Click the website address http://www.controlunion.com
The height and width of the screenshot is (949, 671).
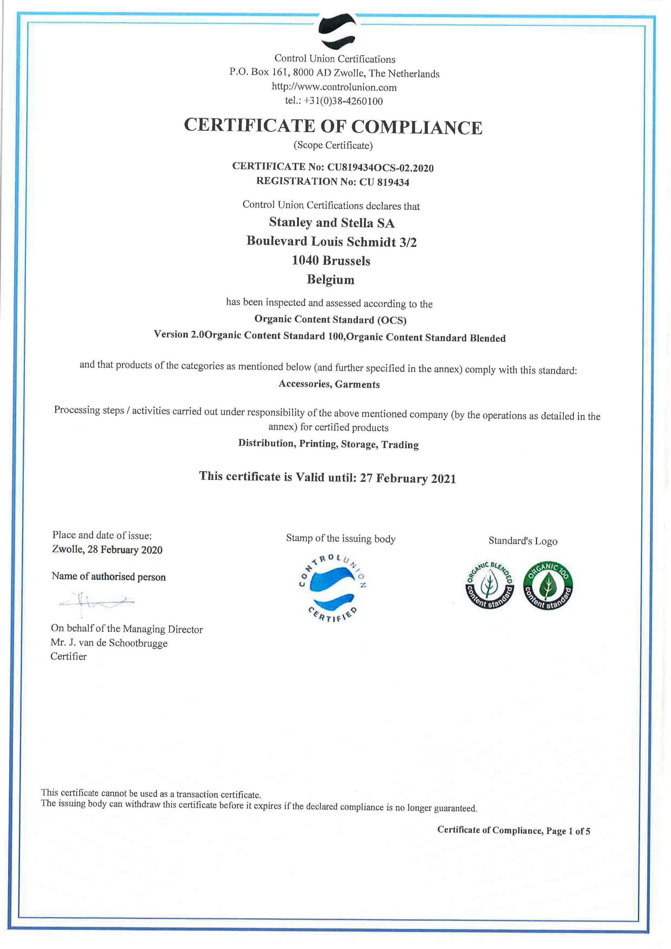pos(334,87)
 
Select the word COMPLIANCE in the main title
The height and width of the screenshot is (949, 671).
pos(417,127)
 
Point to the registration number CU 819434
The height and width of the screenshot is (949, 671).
pos(384,182)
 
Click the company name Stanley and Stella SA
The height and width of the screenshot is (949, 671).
pos(332,223)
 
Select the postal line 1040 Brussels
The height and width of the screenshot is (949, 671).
pos(331,260)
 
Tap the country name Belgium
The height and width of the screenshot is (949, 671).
pos(331,280)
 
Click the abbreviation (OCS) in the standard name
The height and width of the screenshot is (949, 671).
pos(390,320)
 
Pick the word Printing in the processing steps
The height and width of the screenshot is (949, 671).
pos(317,444)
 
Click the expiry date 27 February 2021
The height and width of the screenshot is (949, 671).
pos(408,478)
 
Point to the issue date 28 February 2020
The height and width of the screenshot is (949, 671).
pos(125,550)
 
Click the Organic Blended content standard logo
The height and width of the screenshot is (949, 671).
pos(489,585)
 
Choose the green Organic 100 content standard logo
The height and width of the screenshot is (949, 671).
pos(548,586)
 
